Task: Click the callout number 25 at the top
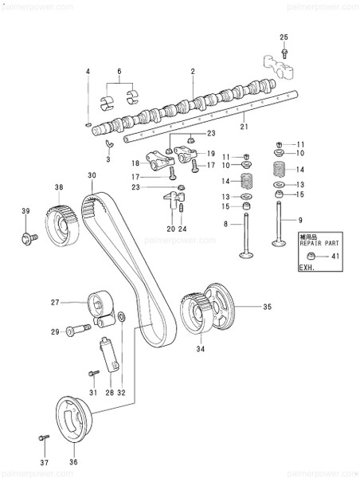[x=283, y=37]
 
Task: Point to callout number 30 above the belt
[x=92, y=175]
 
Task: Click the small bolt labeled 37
[x=44, y=437]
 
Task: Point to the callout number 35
[x=268, y=305]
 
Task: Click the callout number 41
[x=335, y=257]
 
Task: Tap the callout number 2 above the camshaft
[x=192, y=72]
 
